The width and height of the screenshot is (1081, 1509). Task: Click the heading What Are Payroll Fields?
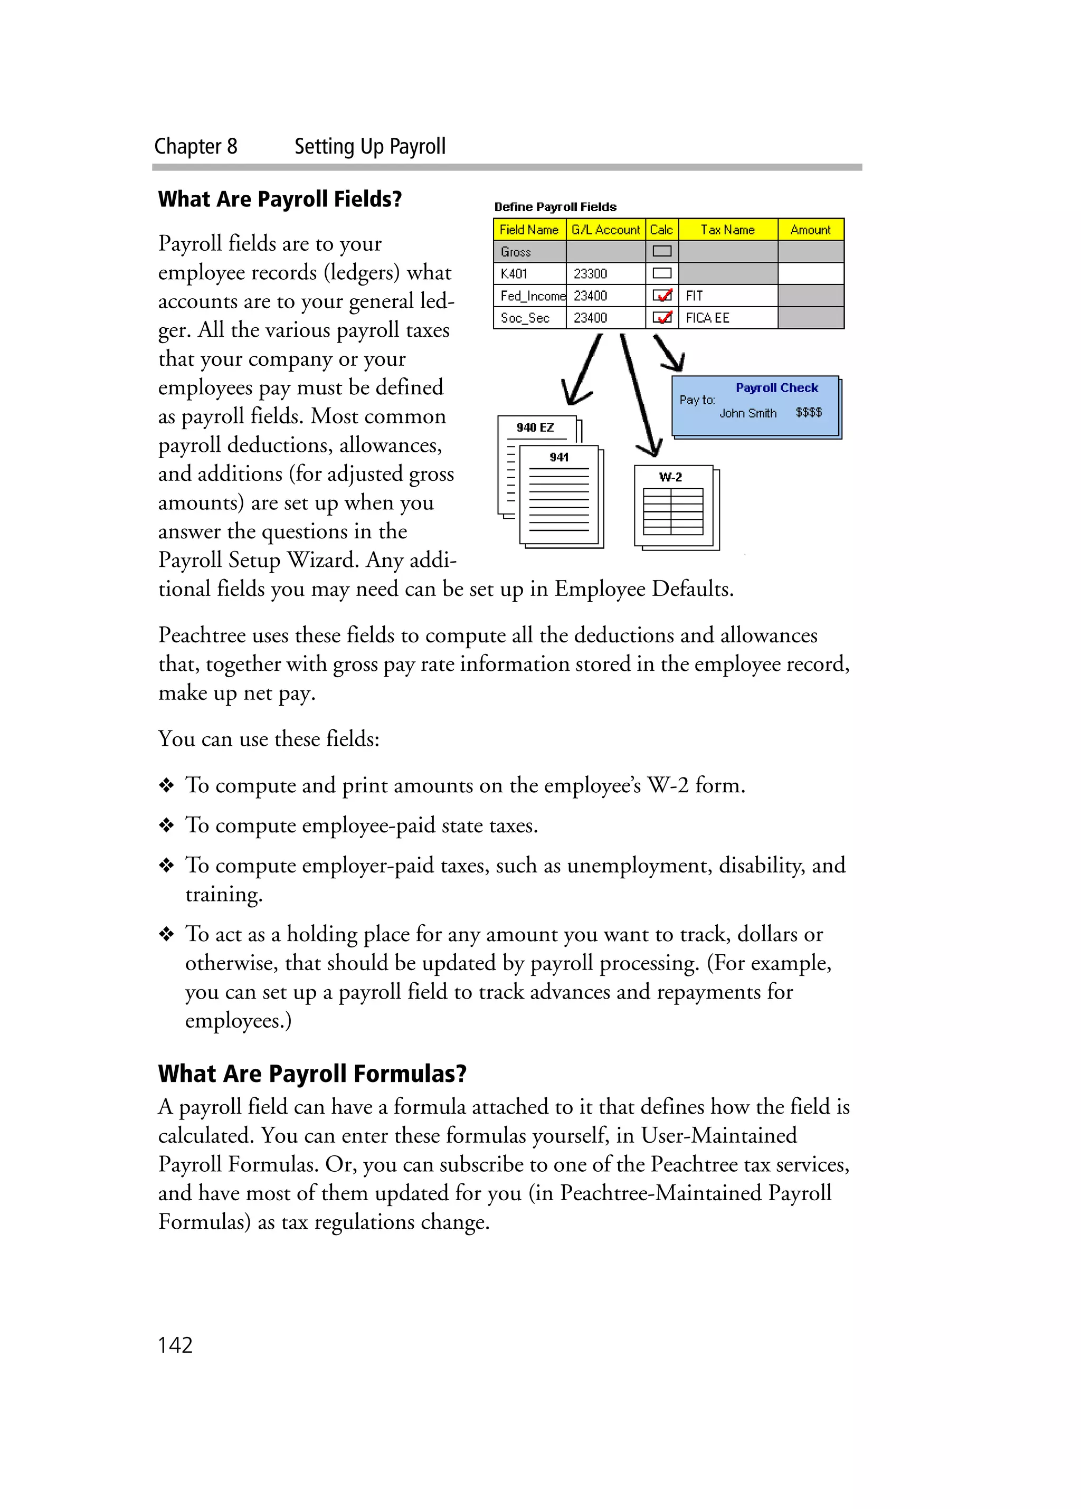(x=280, y=199)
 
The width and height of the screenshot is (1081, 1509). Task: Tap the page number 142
(x=175, y=1345)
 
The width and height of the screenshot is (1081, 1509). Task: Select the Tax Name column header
(x=727, y=230)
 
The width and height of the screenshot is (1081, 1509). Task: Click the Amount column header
(x=810, y=230)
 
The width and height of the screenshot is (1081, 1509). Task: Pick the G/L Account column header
(x=605, y=230)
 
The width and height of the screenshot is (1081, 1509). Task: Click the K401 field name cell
(x=514, y=273)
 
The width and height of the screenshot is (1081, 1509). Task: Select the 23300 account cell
(x=590, y=273)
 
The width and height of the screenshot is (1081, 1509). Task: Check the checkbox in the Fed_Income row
(x=662, y=296)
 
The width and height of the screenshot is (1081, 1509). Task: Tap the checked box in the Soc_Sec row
(x=662, y=317)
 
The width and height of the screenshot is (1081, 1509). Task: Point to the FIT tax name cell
(x=694, y=296)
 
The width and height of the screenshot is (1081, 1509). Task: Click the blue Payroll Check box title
(x=776, y=388)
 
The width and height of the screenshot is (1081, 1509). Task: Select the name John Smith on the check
(x=748, y=413)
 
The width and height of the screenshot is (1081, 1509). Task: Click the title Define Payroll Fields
(x=555, y=207)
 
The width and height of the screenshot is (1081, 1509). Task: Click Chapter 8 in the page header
(x=196, y=146)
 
